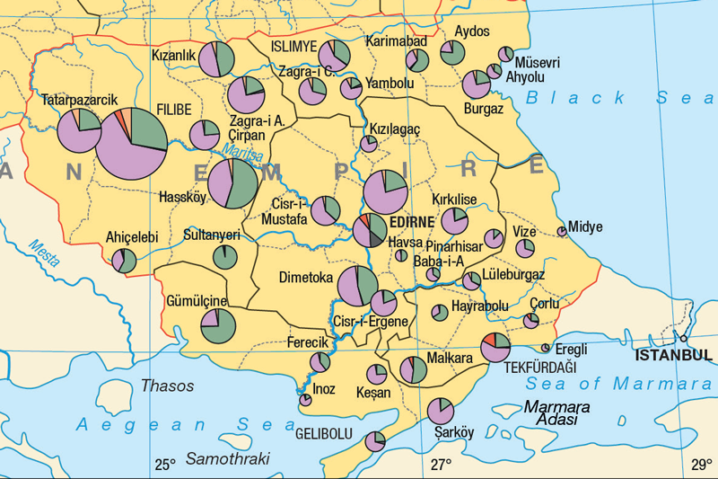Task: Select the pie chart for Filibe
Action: click(x=131, y=143)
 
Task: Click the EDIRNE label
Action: click(x=413, y=220)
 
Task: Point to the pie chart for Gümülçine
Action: click(x=217, y=325)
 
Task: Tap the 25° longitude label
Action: click(x=164, y=465)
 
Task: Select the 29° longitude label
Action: click(x=701, y=465)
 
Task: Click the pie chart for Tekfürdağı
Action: click(x=495, y=347)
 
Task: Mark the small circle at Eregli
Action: click(x=545, y=348)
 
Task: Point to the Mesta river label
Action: click(x=44, y=254)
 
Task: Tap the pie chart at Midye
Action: click(x=562, y=232)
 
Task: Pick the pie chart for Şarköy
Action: click(x=440, y=412)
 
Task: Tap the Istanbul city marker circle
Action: click(x=684, y=339)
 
